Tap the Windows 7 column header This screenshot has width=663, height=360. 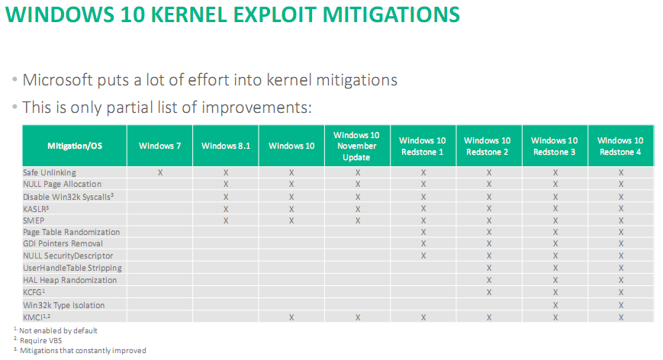coord(160,145)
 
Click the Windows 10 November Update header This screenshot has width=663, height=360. coord(357,146)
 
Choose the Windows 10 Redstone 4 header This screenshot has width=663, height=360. coord(620,146)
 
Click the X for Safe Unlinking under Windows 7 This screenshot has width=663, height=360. coord(160,172)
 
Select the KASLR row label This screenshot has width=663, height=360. coord(36,208)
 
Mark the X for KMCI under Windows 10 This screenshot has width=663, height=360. coord(291,317)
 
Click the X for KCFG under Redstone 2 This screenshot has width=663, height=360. coord(489,292)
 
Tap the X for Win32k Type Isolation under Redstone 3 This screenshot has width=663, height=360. coord(555,304)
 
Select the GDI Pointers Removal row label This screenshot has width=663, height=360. coord(63,244)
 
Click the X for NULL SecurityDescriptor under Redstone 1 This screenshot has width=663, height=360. coord(423,256)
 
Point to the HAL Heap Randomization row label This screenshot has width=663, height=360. coord(70,280)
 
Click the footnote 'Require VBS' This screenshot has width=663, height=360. coord(42,340)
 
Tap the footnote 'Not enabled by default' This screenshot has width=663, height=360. coord(59,330)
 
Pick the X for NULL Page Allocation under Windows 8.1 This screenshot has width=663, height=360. coord(226,185)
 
